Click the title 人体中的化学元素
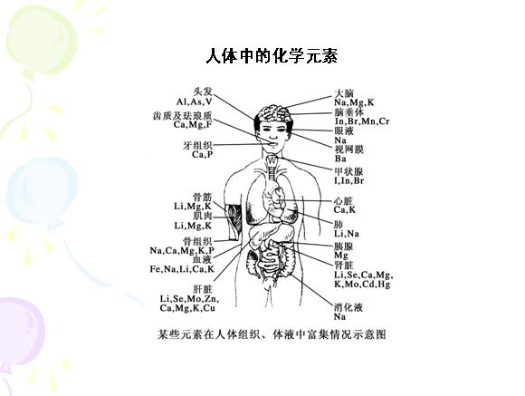coord(272,56)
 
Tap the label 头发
coord(203,92)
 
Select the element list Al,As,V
coord(195,101)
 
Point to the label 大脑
coord(344,92)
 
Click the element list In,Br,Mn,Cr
coord(362,121)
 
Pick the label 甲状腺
coord(348,171)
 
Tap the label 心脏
coord(344,201)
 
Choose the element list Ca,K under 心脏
coord(345,210)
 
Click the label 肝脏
coord(203,289)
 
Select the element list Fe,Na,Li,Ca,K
coord(182,269)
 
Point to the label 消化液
coord(348,307)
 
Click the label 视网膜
coord(348,150)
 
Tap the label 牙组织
coord(197,146)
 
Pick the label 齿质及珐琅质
coord(183,116)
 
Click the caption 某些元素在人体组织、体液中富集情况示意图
coord(272,334)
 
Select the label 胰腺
coord(344,246)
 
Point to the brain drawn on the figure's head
coord(275,114)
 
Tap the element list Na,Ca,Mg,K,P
coord(182,250)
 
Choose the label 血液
coord(202,259)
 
